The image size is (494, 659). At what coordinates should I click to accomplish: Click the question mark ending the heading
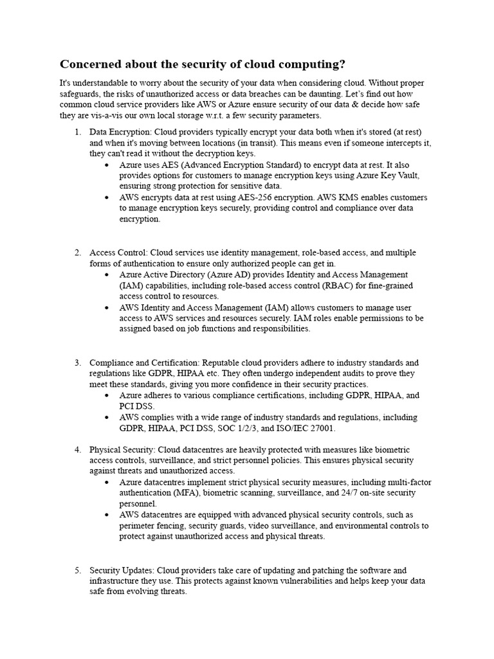tap(342, 64)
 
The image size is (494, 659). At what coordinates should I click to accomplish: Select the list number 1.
tap(77, 132)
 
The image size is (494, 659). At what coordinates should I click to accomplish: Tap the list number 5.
tap(77, 570)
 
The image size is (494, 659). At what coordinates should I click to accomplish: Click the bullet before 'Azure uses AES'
tap(107, 165)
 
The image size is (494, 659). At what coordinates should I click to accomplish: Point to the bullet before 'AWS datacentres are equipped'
tap(107, 515)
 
